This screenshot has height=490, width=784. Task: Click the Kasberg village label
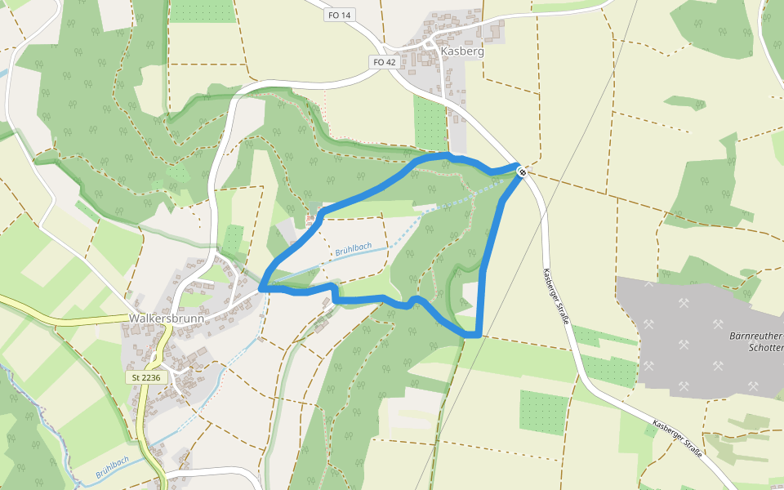point(462,51)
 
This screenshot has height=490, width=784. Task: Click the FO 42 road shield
point(383,62)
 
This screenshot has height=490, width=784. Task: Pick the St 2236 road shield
point(147,378)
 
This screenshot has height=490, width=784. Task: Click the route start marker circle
point(521,171)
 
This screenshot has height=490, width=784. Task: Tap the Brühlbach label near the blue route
point(353,249)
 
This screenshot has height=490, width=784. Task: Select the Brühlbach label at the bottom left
point(112,466)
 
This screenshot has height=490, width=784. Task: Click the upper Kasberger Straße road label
point(555,296)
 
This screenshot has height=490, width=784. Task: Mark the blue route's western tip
point(261,288)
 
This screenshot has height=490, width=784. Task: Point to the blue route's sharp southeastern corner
point(478,334)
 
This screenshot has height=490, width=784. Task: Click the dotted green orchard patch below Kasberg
point(430,122)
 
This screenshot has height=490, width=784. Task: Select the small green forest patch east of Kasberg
point(684,103)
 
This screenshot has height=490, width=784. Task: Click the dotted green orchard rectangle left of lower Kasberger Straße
point(542,412)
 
